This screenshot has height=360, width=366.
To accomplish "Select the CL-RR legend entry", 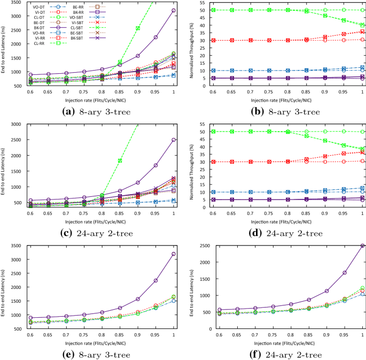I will [x=37, y=43].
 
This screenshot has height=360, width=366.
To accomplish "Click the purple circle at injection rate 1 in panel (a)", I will [x=173, y=10].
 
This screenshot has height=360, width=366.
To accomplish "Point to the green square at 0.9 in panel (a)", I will [x=137, y=28].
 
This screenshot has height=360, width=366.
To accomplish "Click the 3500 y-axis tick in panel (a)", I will [x=14, y=3].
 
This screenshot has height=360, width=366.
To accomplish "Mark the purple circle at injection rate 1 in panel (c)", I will [x=173, y=140].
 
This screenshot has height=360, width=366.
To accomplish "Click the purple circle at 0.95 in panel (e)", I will [x=155, y=280].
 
